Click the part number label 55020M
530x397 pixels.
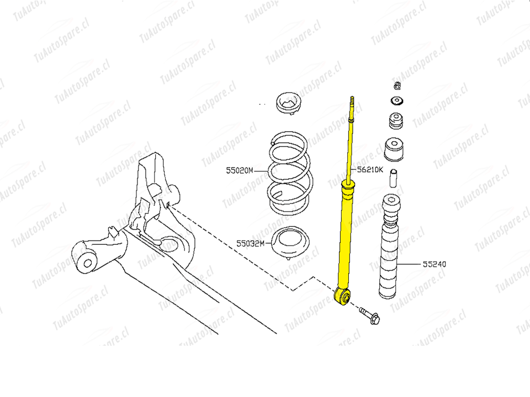point(239,170)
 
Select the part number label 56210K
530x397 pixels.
point(370,169)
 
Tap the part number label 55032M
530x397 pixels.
point(250,243)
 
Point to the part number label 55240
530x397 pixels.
point(434,264)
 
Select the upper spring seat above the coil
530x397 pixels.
point(288,103)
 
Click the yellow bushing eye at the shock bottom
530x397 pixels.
point(343,297)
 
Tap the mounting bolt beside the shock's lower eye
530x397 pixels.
point(369,315)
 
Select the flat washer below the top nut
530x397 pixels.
point(397,100)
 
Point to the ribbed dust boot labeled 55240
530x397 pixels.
point(390,246)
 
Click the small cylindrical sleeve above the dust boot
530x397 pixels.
point(393,178)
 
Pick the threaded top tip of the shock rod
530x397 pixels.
point(352,99)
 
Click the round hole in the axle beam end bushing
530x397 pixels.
point(88,263)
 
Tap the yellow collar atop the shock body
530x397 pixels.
point(348,186)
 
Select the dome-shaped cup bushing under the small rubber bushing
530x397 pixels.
point(394,149)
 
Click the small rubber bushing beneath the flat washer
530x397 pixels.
point(396,121)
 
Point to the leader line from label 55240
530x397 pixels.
point(409,264)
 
